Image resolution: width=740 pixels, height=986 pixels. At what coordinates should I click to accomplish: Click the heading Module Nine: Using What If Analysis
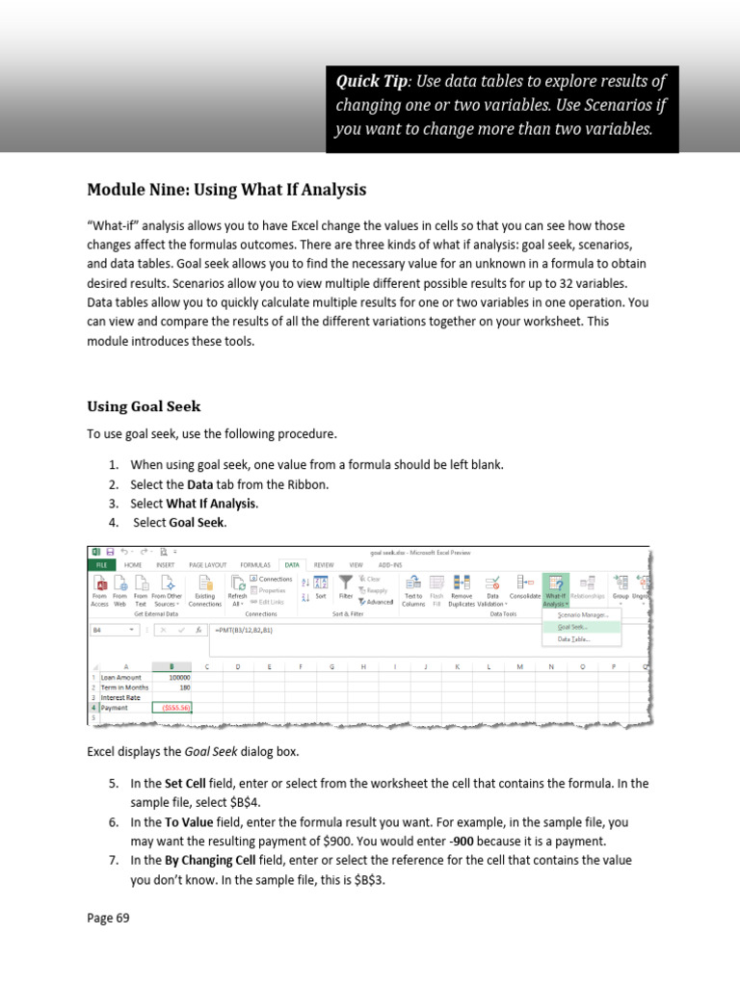pyautogui.click(x=226, y=189)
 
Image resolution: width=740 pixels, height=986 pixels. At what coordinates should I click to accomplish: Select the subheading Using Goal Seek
pyautogui.click(x=144, y=406)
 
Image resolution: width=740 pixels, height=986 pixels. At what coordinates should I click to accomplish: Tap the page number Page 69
pyautogui.click(x=108, y=918)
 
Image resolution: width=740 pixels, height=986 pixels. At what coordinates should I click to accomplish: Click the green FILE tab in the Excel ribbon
pyautogui.click(x=100, y=565)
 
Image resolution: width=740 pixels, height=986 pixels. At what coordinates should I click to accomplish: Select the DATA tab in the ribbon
pyautogui.click(x=290, y=565)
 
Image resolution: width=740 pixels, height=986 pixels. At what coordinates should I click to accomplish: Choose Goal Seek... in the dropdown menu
pyautogui.click(x=573, y=626)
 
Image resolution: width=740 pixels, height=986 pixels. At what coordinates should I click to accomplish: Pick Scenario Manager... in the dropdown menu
pyautogui.click(x=582, y=613)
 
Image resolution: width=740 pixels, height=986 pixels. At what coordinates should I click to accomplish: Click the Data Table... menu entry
pyautogui.click(x=573, y=638)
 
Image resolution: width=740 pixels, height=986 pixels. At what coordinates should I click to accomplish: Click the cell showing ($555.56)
pyautogui.click(x=173, y=708)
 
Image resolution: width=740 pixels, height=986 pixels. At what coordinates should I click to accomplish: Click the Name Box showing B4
pyautogui.click(x=114, y=630)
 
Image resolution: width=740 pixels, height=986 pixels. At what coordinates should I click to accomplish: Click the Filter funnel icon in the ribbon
pyautogui.click(x=344, y=584)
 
